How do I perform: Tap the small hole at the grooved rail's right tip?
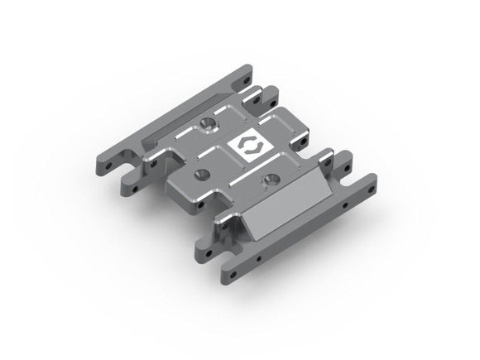click(244, 72)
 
